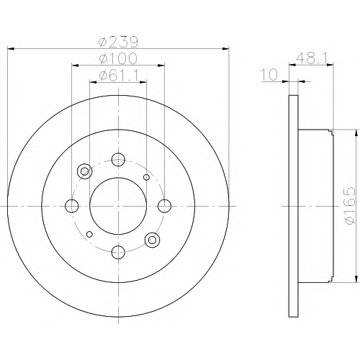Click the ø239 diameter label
[118, 42]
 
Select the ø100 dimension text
[118, 58]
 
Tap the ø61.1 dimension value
[118, 76]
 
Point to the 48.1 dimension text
[312, 58]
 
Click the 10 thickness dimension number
[269, 75]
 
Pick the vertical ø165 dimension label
[349, 206]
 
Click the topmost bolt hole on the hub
[118, 159]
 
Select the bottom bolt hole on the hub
[118, 252]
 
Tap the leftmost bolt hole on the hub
[72, 206]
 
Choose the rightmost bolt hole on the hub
[165, 206]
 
